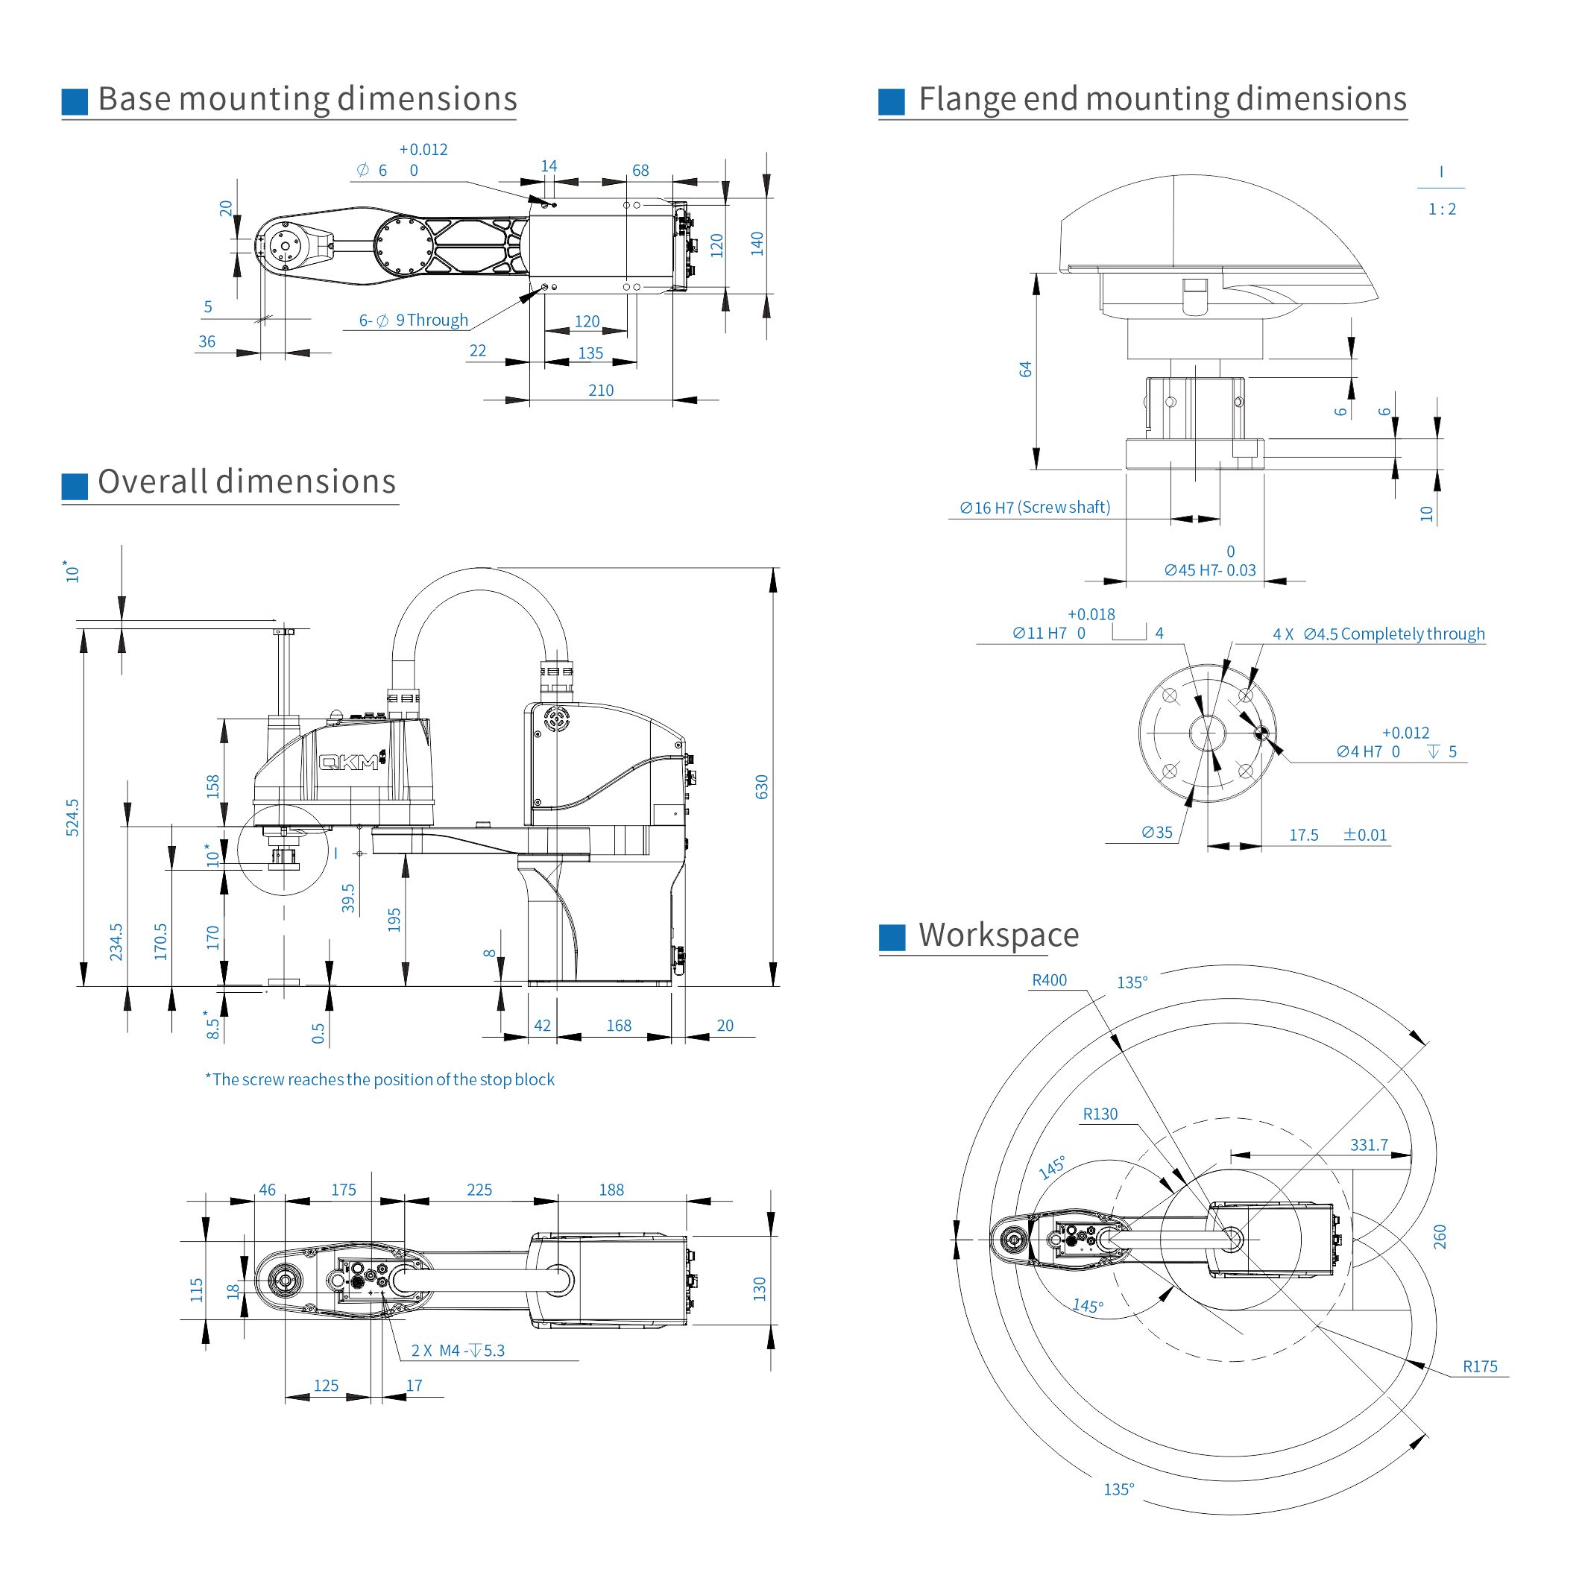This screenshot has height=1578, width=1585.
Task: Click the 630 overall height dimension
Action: (x=761, y=786)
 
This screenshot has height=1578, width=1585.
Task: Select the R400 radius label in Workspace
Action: (x=1048, y=980)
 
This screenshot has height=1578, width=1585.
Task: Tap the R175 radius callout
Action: (x=1479, y=1366)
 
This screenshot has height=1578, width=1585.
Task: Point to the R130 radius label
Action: (x=1100, y=1114)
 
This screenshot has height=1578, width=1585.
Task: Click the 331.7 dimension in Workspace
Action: (x=1368, y=1145)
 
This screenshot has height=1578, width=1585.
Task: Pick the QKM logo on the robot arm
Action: (x=350, y=762)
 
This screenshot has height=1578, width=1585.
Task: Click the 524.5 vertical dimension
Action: (x=72, y=817)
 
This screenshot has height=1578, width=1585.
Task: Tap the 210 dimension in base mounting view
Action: (x=601, y=391)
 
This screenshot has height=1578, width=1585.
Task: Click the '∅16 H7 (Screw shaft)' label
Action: (x=1035, y=508)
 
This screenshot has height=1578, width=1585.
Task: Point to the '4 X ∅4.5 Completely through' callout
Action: (x=1378, y=634)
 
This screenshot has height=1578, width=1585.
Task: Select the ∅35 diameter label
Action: (x=1157, y=833)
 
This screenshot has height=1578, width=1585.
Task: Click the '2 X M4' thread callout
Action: (x=458, y=1351)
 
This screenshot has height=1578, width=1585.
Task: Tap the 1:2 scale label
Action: (x=1441, y=209)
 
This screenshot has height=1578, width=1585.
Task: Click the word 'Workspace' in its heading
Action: (x=998, y=935)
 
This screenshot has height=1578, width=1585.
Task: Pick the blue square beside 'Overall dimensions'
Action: (x=75, y=486)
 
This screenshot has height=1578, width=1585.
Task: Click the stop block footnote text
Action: (x=379, y=1079)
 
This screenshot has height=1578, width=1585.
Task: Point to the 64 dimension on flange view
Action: (x=1024, y=369)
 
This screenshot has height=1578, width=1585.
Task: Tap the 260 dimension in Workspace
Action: (x=1439, y=1237)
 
